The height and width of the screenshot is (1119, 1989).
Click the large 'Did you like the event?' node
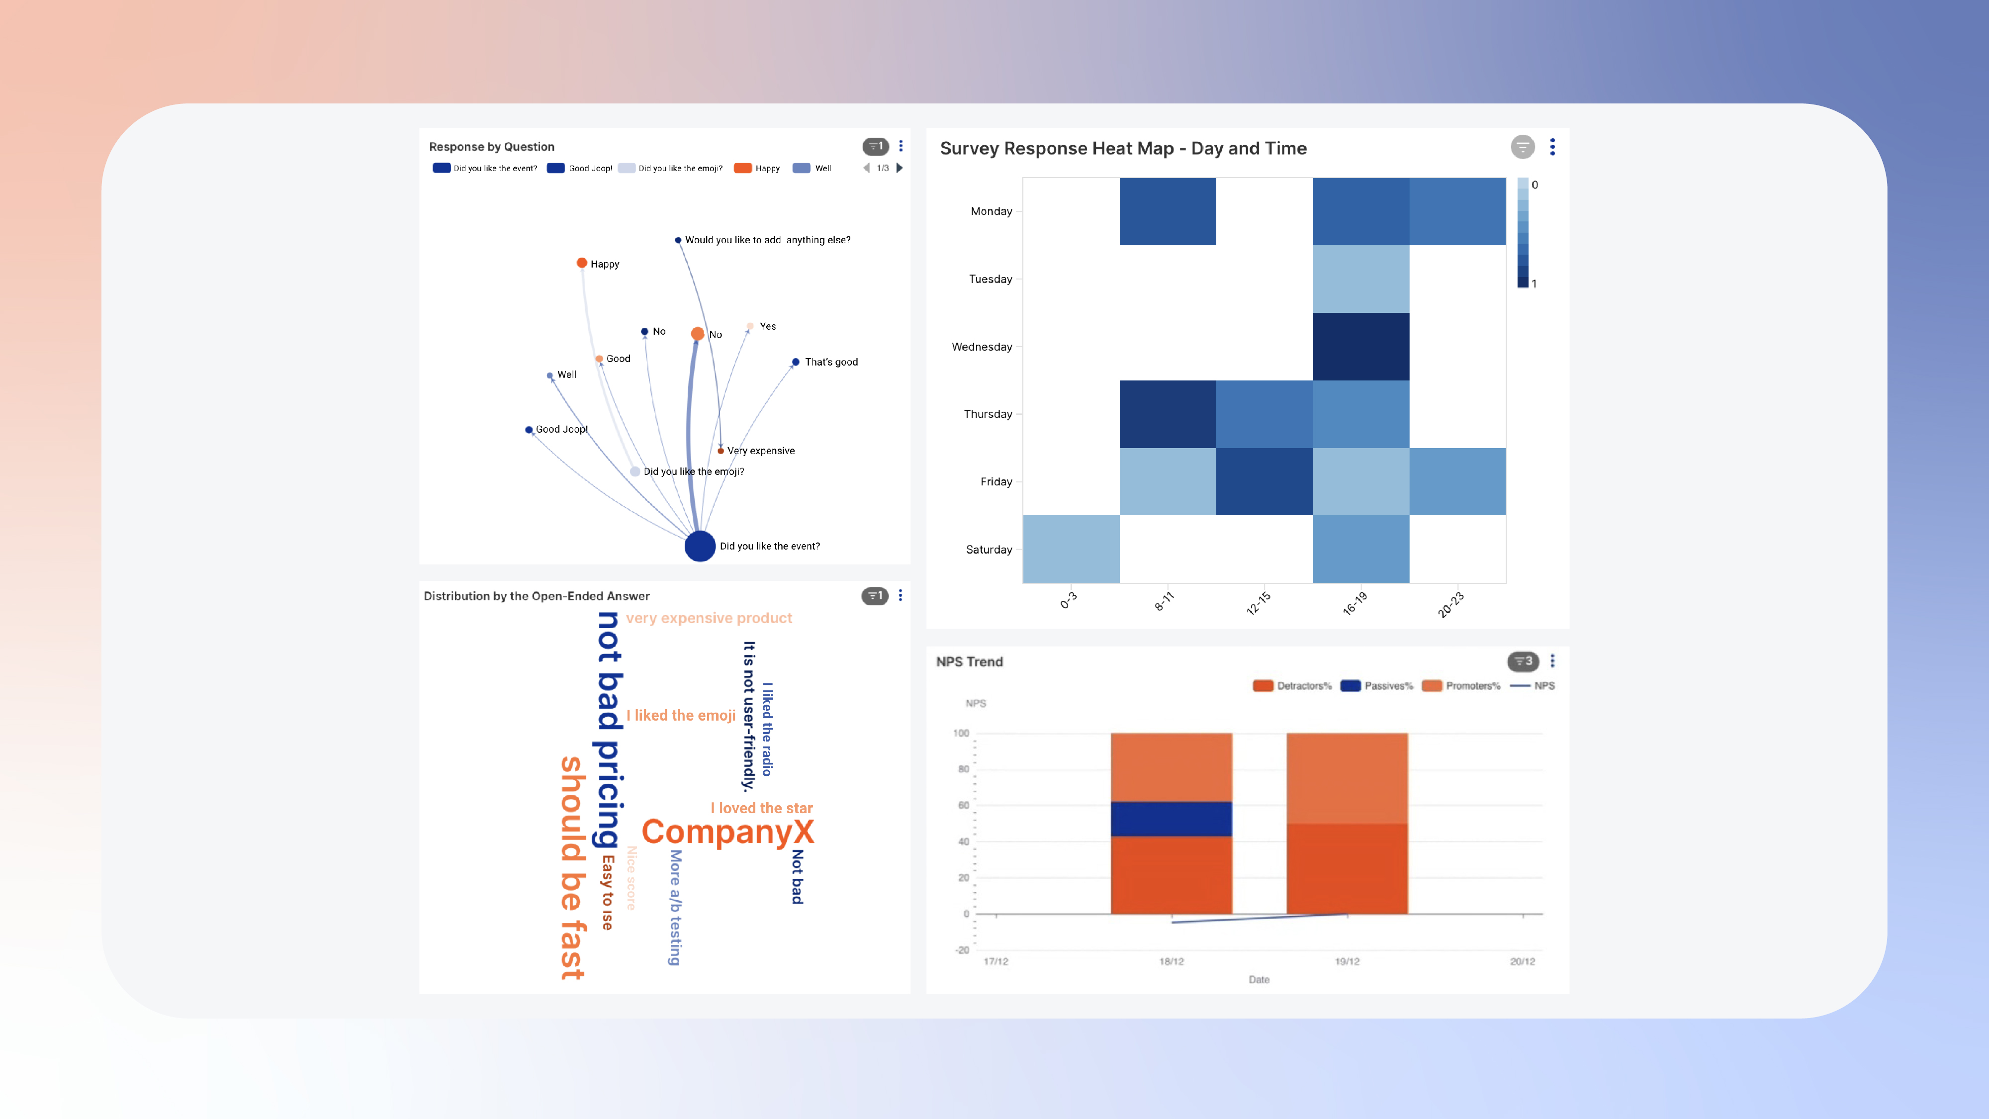pyautogui.click(x=700, y=546)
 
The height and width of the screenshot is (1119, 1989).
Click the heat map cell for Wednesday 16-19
pyautogui.click(x=1360, y=347)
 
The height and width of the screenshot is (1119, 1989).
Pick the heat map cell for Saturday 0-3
pyautogui.click(x=1071, y=549)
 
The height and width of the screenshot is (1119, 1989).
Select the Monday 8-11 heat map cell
pyautogui.click(x=1168, y=211)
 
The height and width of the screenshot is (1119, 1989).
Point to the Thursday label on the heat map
pyautogui.click(x=988, y=414)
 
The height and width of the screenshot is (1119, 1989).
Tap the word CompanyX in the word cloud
pyautogui.click(x=727, y=832)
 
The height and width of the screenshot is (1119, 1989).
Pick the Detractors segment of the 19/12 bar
pyautogui.click(x=1347, y=869)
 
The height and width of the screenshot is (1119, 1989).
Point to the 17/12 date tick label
pyautogui.click(x=995, y=961)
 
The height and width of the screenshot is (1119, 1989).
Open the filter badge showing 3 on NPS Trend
pyautogui.click(x=1523, y=661)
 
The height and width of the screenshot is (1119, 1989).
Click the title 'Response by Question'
pyautogui.click(x=491, y=147)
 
